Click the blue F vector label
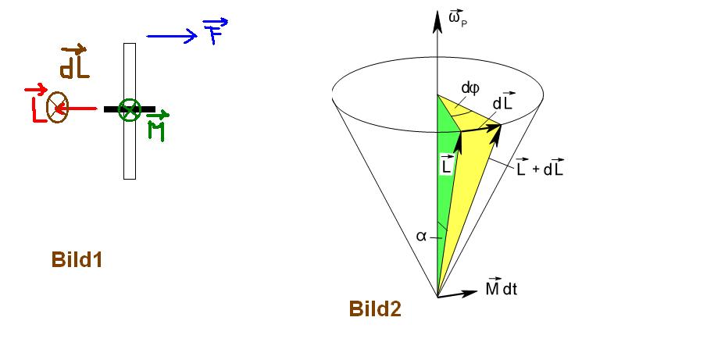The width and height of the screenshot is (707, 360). point(216,30)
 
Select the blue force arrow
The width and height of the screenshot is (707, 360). point(172,36)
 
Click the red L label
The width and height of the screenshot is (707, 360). point(35,103)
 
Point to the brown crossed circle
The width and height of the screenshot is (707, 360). point(57,107)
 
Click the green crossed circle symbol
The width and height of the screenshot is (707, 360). point(130,109)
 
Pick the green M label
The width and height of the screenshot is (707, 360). point(157,127)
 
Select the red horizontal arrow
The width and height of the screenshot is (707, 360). point(77,108)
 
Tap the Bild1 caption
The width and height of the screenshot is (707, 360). point(77,260)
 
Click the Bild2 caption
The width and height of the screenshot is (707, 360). point(375,309)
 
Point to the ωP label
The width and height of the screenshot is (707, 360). point(458,19)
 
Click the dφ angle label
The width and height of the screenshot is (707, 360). point(470,88)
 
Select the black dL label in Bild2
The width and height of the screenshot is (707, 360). point(503,102)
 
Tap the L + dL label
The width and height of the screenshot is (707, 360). point(540,166)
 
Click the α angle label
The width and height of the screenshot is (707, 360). point(421,236)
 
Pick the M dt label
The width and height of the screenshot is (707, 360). point(501,287)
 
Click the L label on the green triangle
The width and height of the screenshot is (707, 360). point(446,164)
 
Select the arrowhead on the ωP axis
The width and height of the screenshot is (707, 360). point(437,22)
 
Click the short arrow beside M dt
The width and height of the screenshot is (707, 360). point(458,294)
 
